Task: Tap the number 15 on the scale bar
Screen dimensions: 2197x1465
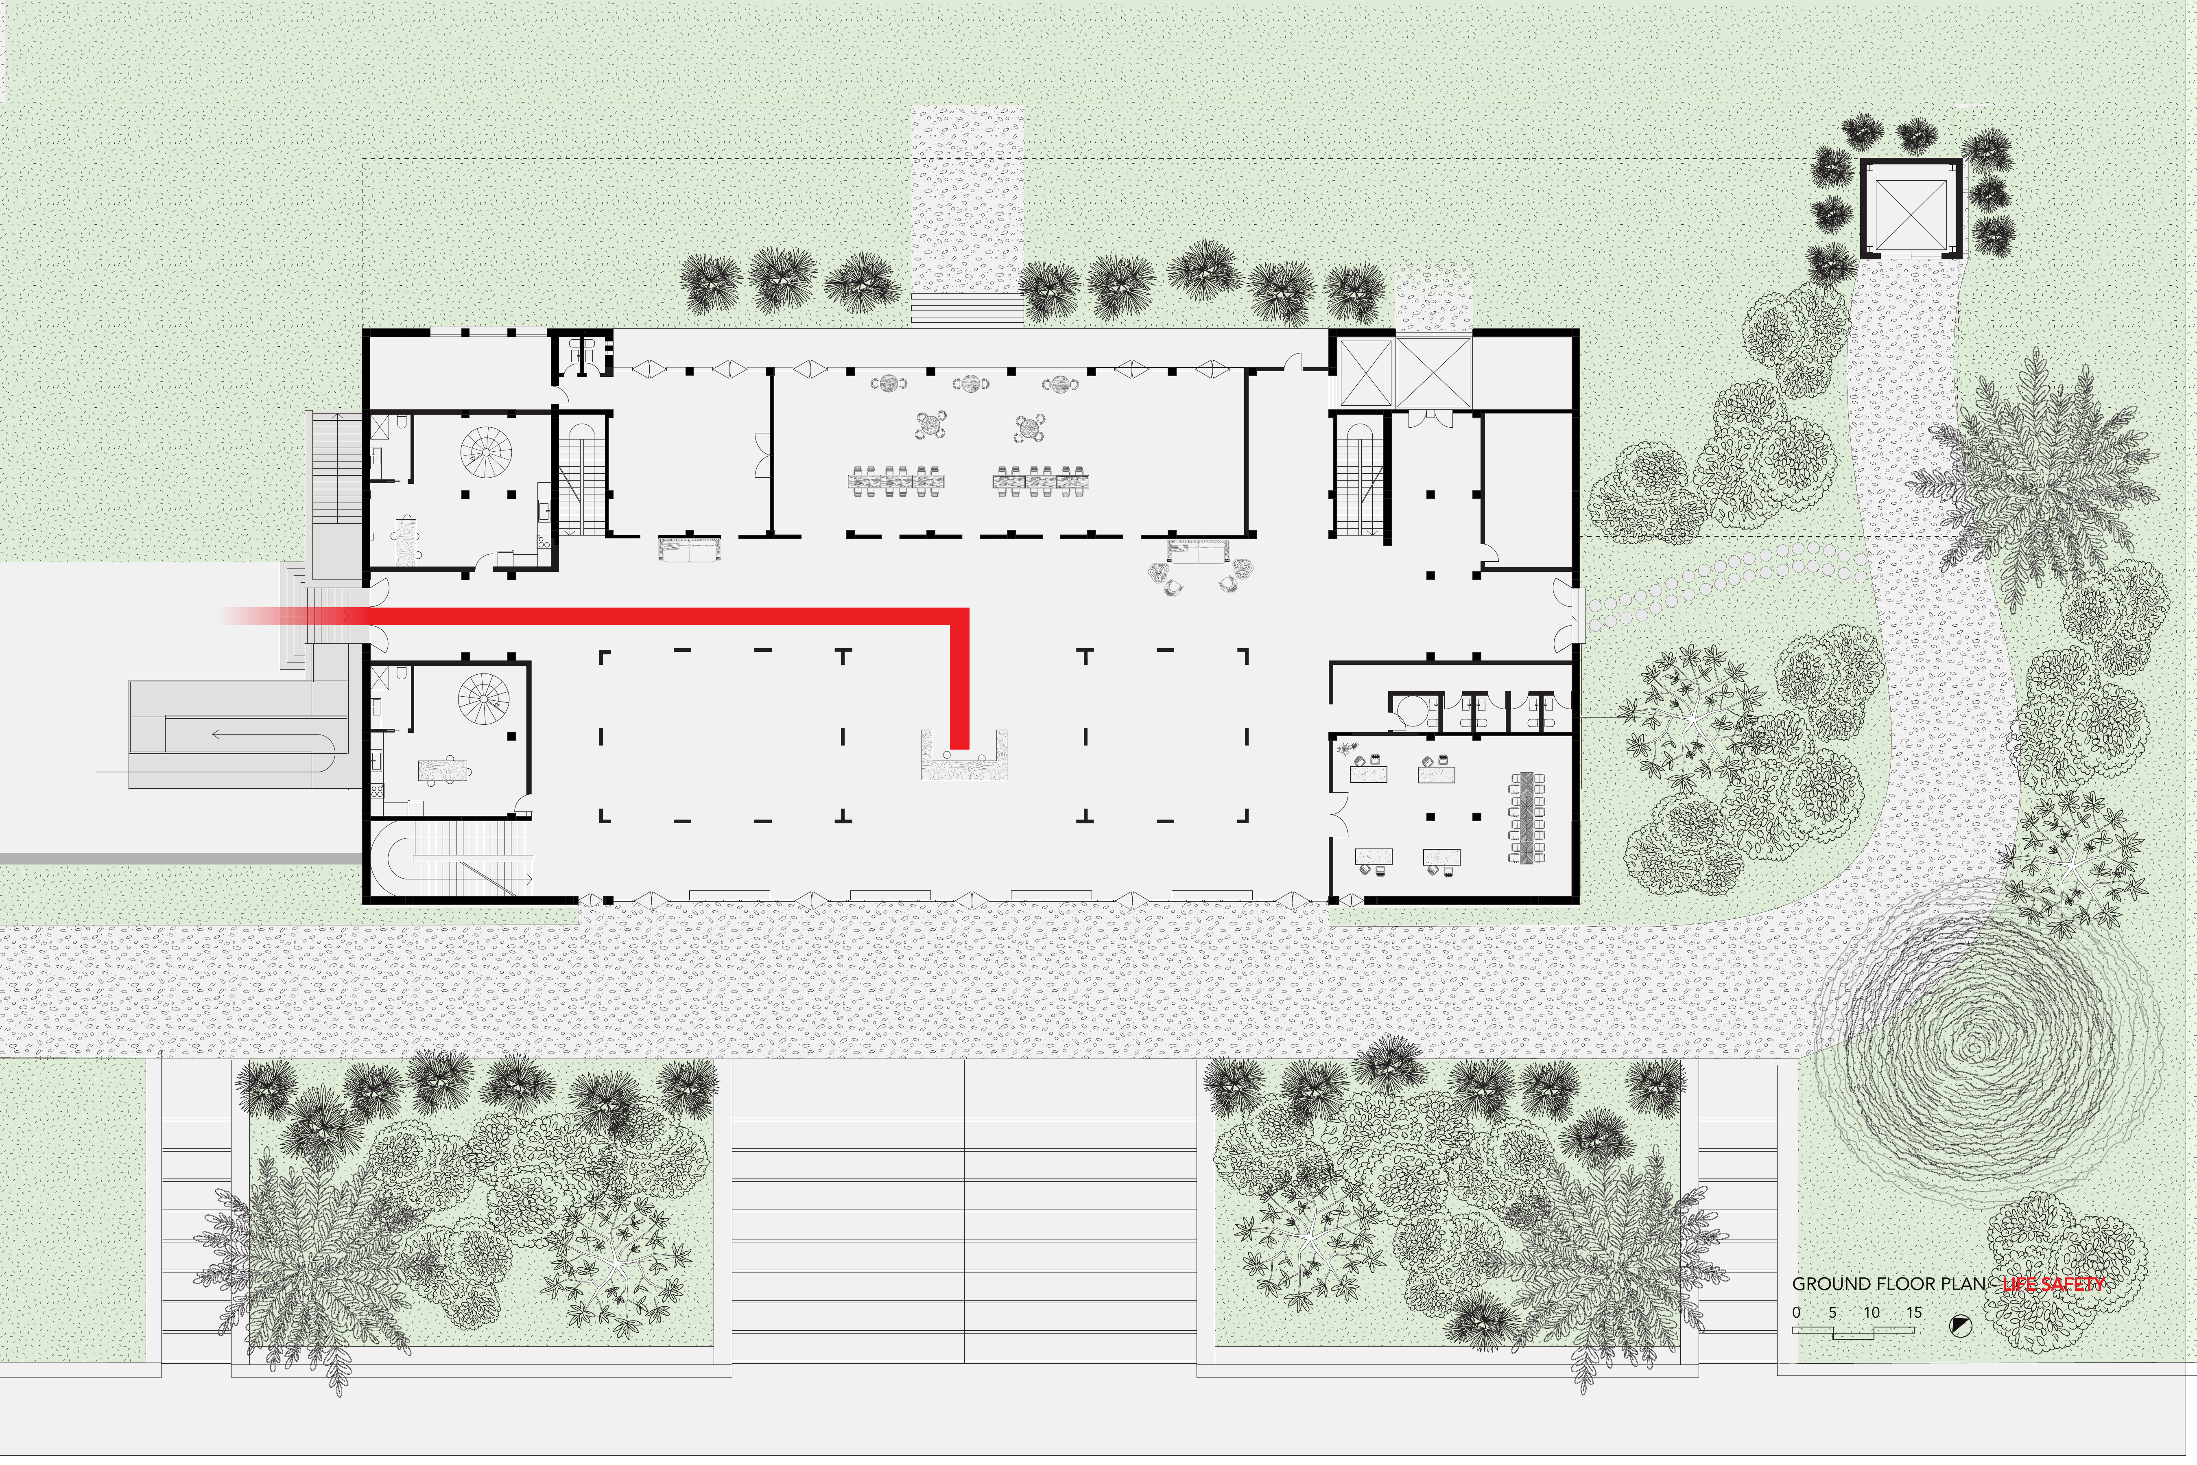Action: pyautogui.click(x=1914, y=1312)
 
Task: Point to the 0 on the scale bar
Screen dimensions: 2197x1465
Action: pyautogui.click(x=1796, y=1312)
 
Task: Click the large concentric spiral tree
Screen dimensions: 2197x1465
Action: pyautogui.click(x=1971, y=1051)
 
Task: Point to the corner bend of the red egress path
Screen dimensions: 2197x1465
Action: pyautogui.click(x=959, y=617)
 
